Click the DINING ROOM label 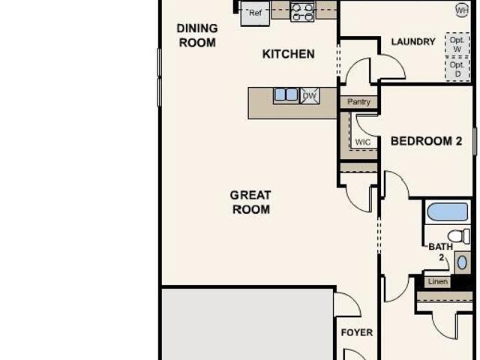point(197,35)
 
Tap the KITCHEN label point(288,54)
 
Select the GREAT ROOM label point(250,202)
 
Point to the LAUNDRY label point(413,42)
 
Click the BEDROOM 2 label point(426,141)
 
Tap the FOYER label point(357,332)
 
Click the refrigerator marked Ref point(255,13)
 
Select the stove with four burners point(302,12)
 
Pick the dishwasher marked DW point(309,96)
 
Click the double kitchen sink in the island point(286,94)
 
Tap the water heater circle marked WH point(462,10)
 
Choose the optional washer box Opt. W point(457,44)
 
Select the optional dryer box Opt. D point(457,69)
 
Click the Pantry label point(358,102)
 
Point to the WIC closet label point(363,142)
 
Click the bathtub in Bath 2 point(448,211)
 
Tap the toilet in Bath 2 point(459,236)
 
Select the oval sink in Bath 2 point(462,262)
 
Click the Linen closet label point(438,282)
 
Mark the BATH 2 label point(441,252)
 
